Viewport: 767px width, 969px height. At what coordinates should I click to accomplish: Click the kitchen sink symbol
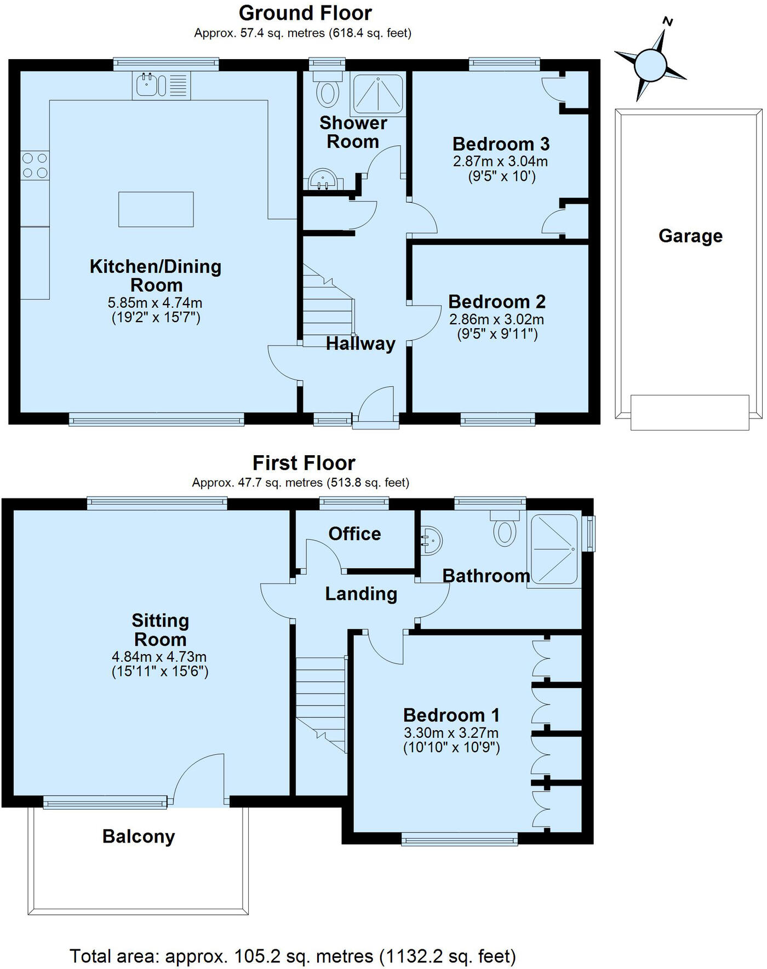(161, 85)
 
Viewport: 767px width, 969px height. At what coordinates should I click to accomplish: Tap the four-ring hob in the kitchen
(35, 166)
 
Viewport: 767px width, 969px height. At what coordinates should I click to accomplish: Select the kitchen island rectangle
(156, 209)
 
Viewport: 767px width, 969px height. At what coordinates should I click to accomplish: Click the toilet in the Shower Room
(328, 90)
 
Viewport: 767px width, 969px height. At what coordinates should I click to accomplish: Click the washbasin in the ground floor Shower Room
(324, 179)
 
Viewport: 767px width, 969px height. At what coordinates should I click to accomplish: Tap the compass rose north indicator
(650, 63)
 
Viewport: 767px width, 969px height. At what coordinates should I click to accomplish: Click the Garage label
(690, 236)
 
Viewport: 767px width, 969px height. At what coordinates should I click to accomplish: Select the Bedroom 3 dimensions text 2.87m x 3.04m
(500, 162)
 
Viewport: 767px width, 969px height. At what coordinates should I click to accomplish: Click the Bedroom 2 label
(497, 302)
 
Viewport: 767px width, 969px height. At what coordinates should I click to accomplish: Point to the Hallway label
(360, 344)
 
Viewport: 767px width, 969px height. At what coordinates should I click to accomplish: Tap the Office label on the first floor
(354, 534)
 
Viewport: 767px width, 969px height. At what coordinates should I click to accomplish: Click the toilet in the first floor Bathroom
(505, 529)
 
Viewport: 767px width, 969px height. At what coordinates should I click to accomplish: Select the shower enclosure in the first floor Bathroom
(554, 549)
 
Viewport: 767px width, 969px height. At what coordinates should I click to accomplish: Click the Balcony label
(139, 836)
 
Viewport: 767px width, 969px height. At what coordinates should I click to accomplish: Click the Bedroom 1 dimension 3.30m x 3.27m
(451, 733)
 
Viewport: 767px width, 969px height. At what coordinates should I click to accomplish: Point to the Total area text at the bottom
(293, 956)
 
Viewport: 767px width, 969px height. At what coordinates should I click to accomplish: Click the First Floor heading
(304, 463)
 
